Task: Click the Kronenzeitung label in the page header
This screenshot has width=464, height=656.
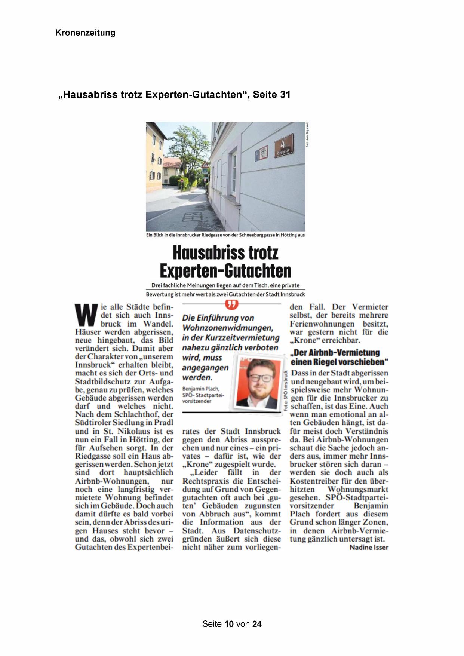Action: coord(85,33)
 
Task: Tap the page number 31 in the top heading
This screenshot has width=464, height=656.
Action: coord(285,95)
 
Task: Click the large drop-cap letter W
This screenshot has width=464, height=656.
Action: coord(86,315)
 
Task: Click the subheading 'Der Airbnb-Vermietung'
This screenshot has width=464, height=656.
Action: coord(335,353)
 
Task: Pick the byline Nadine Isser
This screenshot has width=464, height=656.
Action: coord(369,547)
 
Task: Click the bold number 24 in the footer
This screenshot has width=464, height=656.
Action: coord(257,623)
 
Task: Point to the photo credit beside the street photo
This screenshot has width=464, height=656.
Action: coord(307,135)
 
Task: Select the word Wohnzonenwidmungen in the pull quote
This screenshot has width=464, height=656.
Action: coord(227,328)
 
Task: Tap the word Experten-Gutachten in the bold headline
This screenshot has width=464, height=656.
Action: coord(225,271)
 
